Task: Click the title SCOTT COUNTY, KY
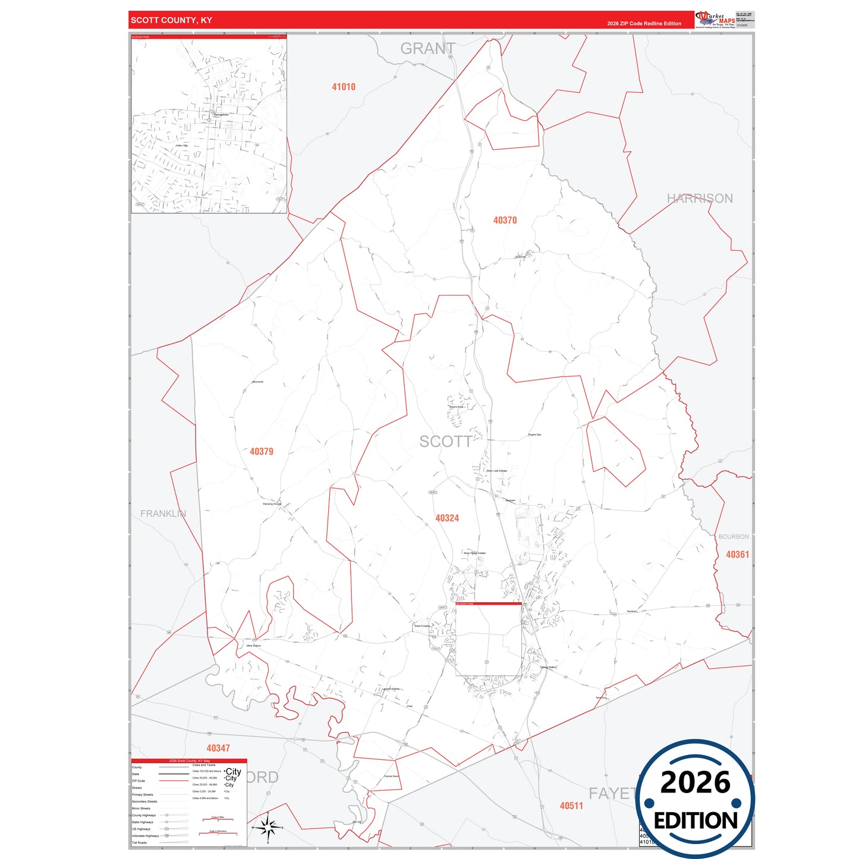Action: point(171,20)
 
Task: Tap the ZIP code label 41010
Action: point(344,87)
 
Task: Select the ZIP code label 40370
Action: point(505,220)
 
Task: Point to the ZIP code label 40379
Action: point(262,452)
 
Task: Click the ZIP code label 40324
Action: point(447,518)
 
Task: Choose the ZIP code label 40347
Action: point(218,748)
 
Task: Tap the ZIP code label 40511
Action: point(571,806)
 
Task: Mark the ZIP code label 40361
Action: point(737,555)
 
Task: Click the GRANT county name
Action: point(427,49)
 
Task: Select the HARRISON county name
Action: point(700,199)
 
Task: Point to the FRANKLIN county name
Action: point(163,514)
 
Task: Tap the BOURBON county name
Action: point(734,537)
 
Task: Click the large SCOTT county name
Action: point(445,442)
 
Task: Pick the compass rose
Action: point(268,827)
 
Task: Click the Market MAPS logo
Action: point(715,19)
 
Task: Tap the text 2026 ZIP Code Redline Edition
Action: point(644,24)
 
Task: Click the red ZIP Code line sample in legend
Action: point(174,781)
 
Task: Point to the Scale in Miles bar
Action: point(218,820)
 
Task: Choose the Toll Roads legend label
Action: point(139,843)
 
